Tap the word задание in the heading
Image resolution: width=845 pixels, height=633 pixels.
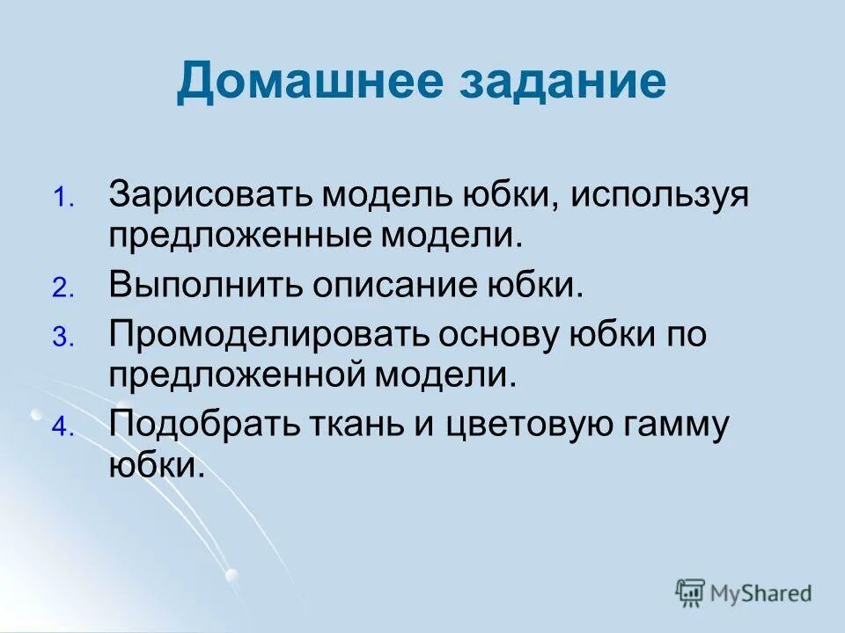pos(563,83)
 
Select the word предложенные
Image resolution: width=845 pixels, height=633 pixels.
pos(232,236)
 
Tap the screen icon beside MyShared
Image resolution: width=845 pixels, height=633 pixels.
pos(691,593)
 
